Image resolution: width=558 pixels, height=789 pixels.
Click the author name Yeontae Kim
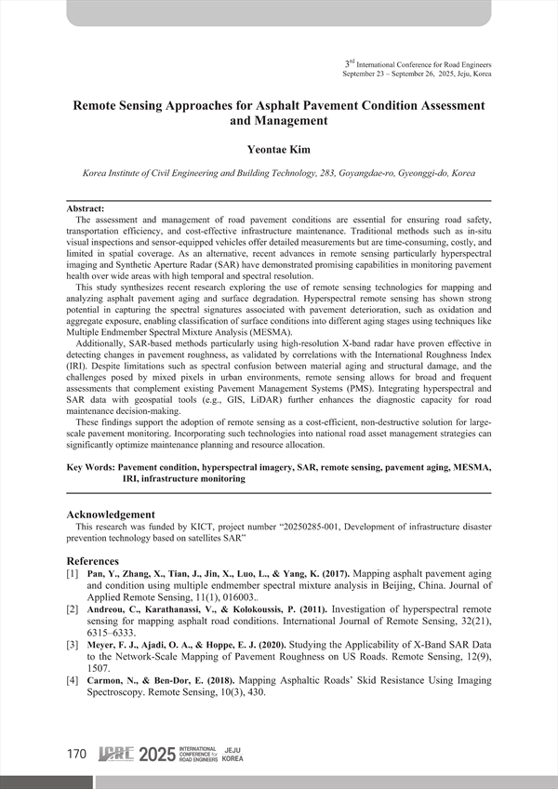[279, 149]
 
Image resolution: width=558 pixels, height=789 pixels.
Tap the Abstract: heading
[86, 209]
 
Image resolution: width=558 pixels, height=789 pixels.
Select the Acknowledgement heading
[111, 515]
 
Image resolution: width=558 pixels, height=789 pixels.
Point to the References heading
[93, 562]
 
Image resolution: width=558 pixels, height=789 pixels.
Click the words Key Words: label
[91, 468]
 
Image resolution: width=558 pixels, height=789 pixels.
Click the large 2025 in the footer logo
[155, 755]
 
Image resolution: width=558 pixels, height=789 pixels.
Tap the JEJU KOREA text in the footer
[233, 755]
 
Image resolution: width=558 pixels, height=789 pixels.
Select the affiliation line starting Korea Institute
[279, 174]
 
